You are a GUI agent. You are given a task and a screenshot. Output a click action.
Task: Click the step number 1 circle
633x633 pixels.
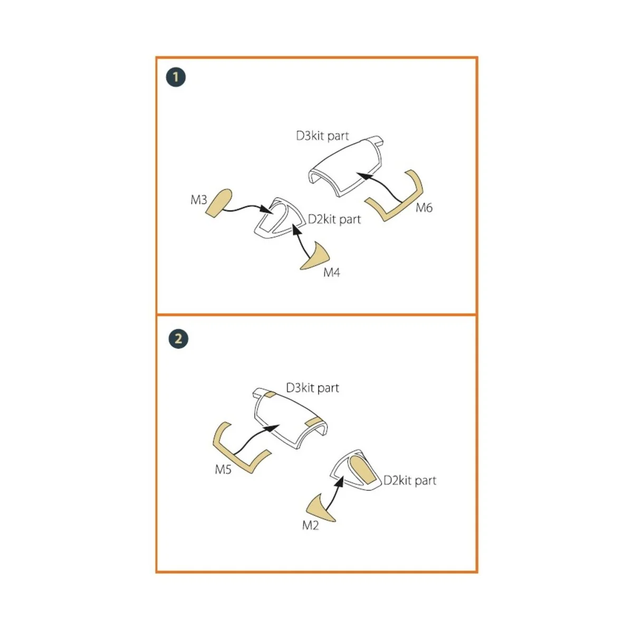pyautogui.click(x=176, y=77)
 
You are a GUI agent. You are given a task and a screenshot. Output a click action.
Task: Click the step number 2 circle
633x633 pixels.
pyautogui.click(x=178, y=339)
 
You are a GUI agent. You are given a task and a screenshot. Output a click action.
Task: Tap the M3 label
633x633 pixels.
pyautogui.click(x=199, y=200)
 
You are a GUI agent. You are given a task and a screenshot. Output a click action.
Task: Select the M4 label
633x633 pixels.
pyautogui.click(x=331, y=272)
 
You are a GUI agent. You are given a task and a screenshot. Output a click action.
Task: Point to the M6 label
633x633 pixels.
pyautogui.click(x=424, y=208)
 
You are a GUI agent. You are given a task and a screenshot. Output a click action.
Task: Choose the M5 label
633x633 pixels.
pyautogui.click(x=223, y=469)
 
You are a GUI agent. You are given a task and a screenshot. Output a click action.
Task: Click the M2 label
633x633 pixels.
pyautogui.click(x=310, y=525)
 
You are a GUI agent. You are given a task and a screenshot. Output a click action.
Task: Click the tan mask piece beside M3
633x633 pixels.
pyautogui.click(x=219, y=203)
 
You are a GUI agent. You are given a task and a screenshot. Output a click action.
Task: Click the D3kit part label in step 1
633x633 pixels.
pyautogui.click(x=322, y=136)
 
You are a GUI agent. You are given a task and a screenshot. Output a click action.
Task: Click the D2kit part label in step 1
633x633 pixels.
pyautogui.click(x=334, y=219)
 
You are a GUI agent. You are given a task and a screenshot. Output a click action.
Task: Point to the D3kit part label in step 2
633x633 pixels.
pyautogui.click(x=312, y=388)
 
